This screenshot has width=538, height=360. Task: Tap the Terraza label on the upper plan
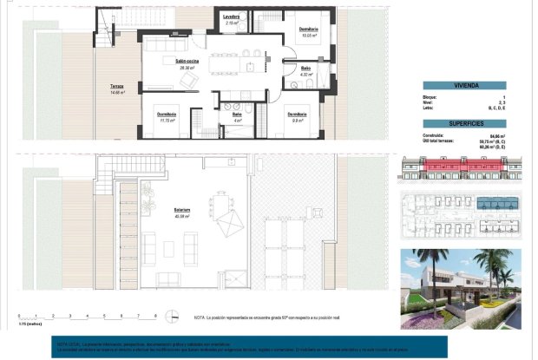click(116, 87)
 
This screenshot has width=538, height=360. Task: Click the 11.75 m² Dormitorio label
click(167, 117)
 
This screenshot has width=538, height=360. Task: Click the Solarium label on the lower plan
click(181, 211)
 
